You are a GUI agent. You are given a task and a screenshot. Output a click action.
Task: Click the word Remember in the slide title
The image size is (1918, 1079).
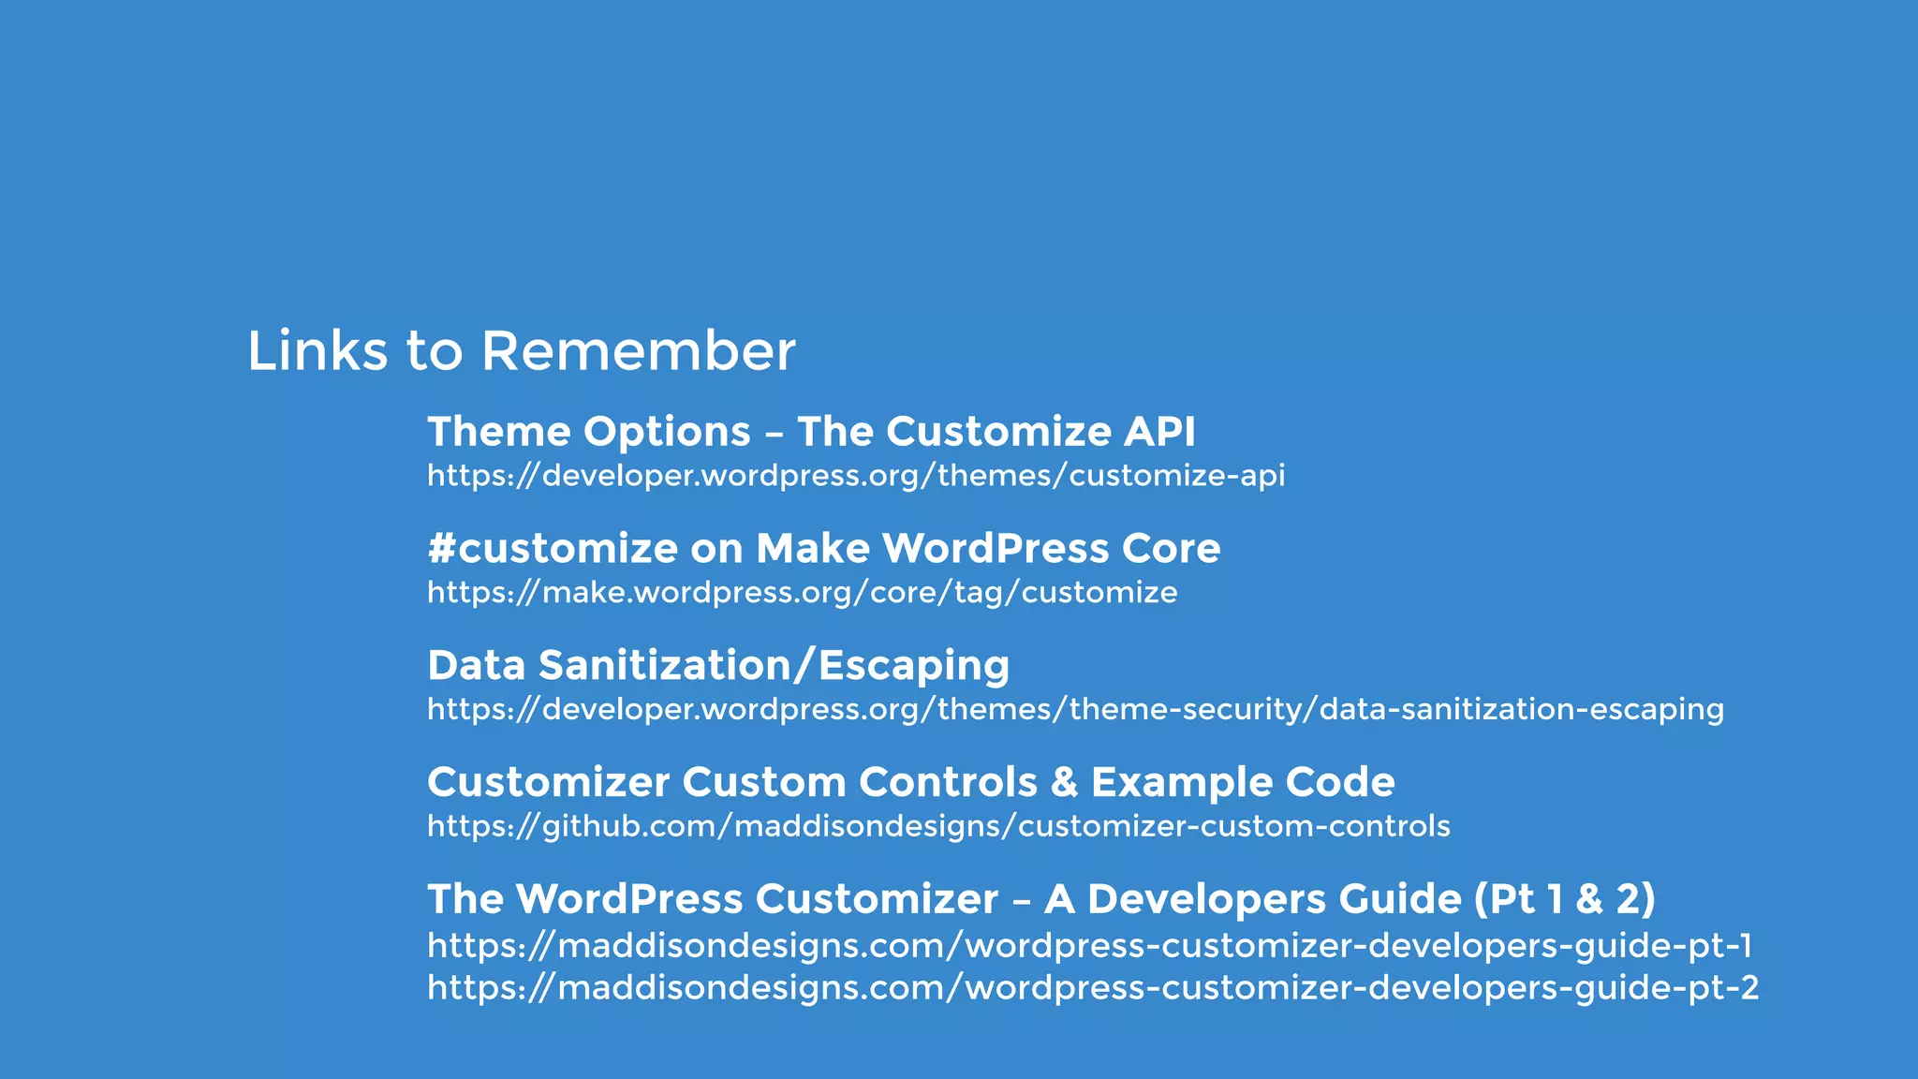pyautogui.click(x=638, y=351)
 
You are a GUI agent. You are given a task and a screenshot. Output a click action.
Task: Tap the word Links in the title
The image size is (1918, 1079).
pyautogui.click(x=317, y=351)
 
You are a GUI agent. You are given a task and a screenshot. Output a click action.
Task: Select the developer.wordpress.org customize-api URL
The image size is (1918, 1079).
pyautogui.click(x=856, y=476)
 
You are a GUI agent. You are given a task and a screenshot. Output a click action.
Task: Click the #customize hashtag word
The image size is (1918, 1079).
pyautogui.click(x=552, y=549)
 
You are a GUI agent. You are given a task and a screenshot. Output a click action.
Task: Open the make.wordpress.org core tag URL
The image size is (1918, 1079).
pyautogui.click(x=802, y=593)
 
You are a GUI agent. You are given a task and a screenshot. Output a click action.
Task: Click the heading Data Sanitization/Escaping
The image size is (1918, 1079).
pyautogui.click(x=718, y=666)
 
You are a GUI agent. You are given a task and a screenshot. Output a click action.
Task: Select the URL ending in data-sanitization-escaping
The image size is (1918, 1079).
pyautogui.click(x=1075, y=710)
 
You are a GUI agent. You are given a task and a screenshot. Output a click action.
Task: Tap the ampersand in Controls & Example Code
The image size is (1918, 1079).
pyautogui.click(x=1064, y=783)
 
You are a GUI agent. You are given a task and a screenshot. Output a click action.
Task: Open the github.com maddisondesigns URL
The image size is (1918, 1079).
pyautogui.click(x=938, y=826)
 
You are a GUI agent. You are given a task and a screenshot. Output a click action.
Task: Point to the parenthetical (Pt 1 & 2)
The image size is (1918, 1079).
pyautogui.click(x=1564, y=899)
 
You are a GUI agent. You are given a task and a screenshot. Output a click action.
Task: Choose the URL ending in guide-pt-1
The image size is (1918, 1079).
pyautogui.click(x=1089, y=945)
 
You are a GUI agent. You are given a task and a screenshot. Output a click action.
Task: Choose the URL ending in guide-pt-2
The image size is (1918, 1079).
pyautogui.click(x=1093, y=987)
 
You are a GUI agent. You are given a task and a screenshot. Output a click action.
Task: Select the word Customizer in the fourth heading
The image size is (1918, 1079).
pyautogui.click(x=548, y=783)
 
